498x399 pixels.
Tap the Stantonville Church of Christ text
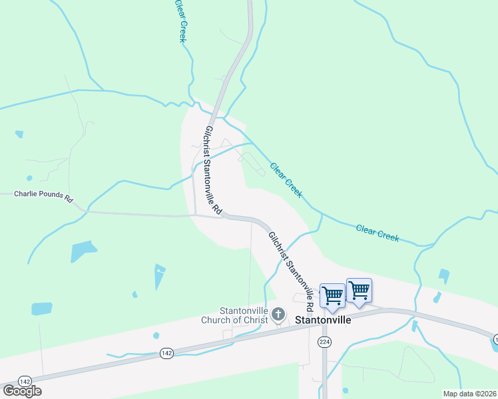(244, 315)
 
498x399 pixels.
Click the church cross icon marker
(278, 314)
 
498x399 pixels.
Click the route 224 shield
(324, 342)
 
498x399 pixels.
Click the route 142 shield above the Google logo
(25, 381)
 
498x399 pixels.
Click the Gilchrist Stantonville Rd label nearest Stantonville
(291, 272)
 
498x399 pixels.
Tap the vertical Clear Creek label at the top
(180, 21)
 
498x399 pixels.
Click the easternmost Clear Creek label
(377, 232)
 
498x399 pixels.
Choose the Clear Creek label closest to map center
(286, 180)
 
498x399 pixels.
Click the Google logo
(22, 391)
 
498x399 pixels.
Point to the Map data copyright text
(469, 394)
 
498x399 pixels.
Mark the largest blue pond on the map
(84, 251)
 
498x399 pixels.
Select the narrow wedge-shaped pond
(159, 276)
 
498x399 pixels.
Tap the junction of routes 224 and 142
(324, 317)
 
